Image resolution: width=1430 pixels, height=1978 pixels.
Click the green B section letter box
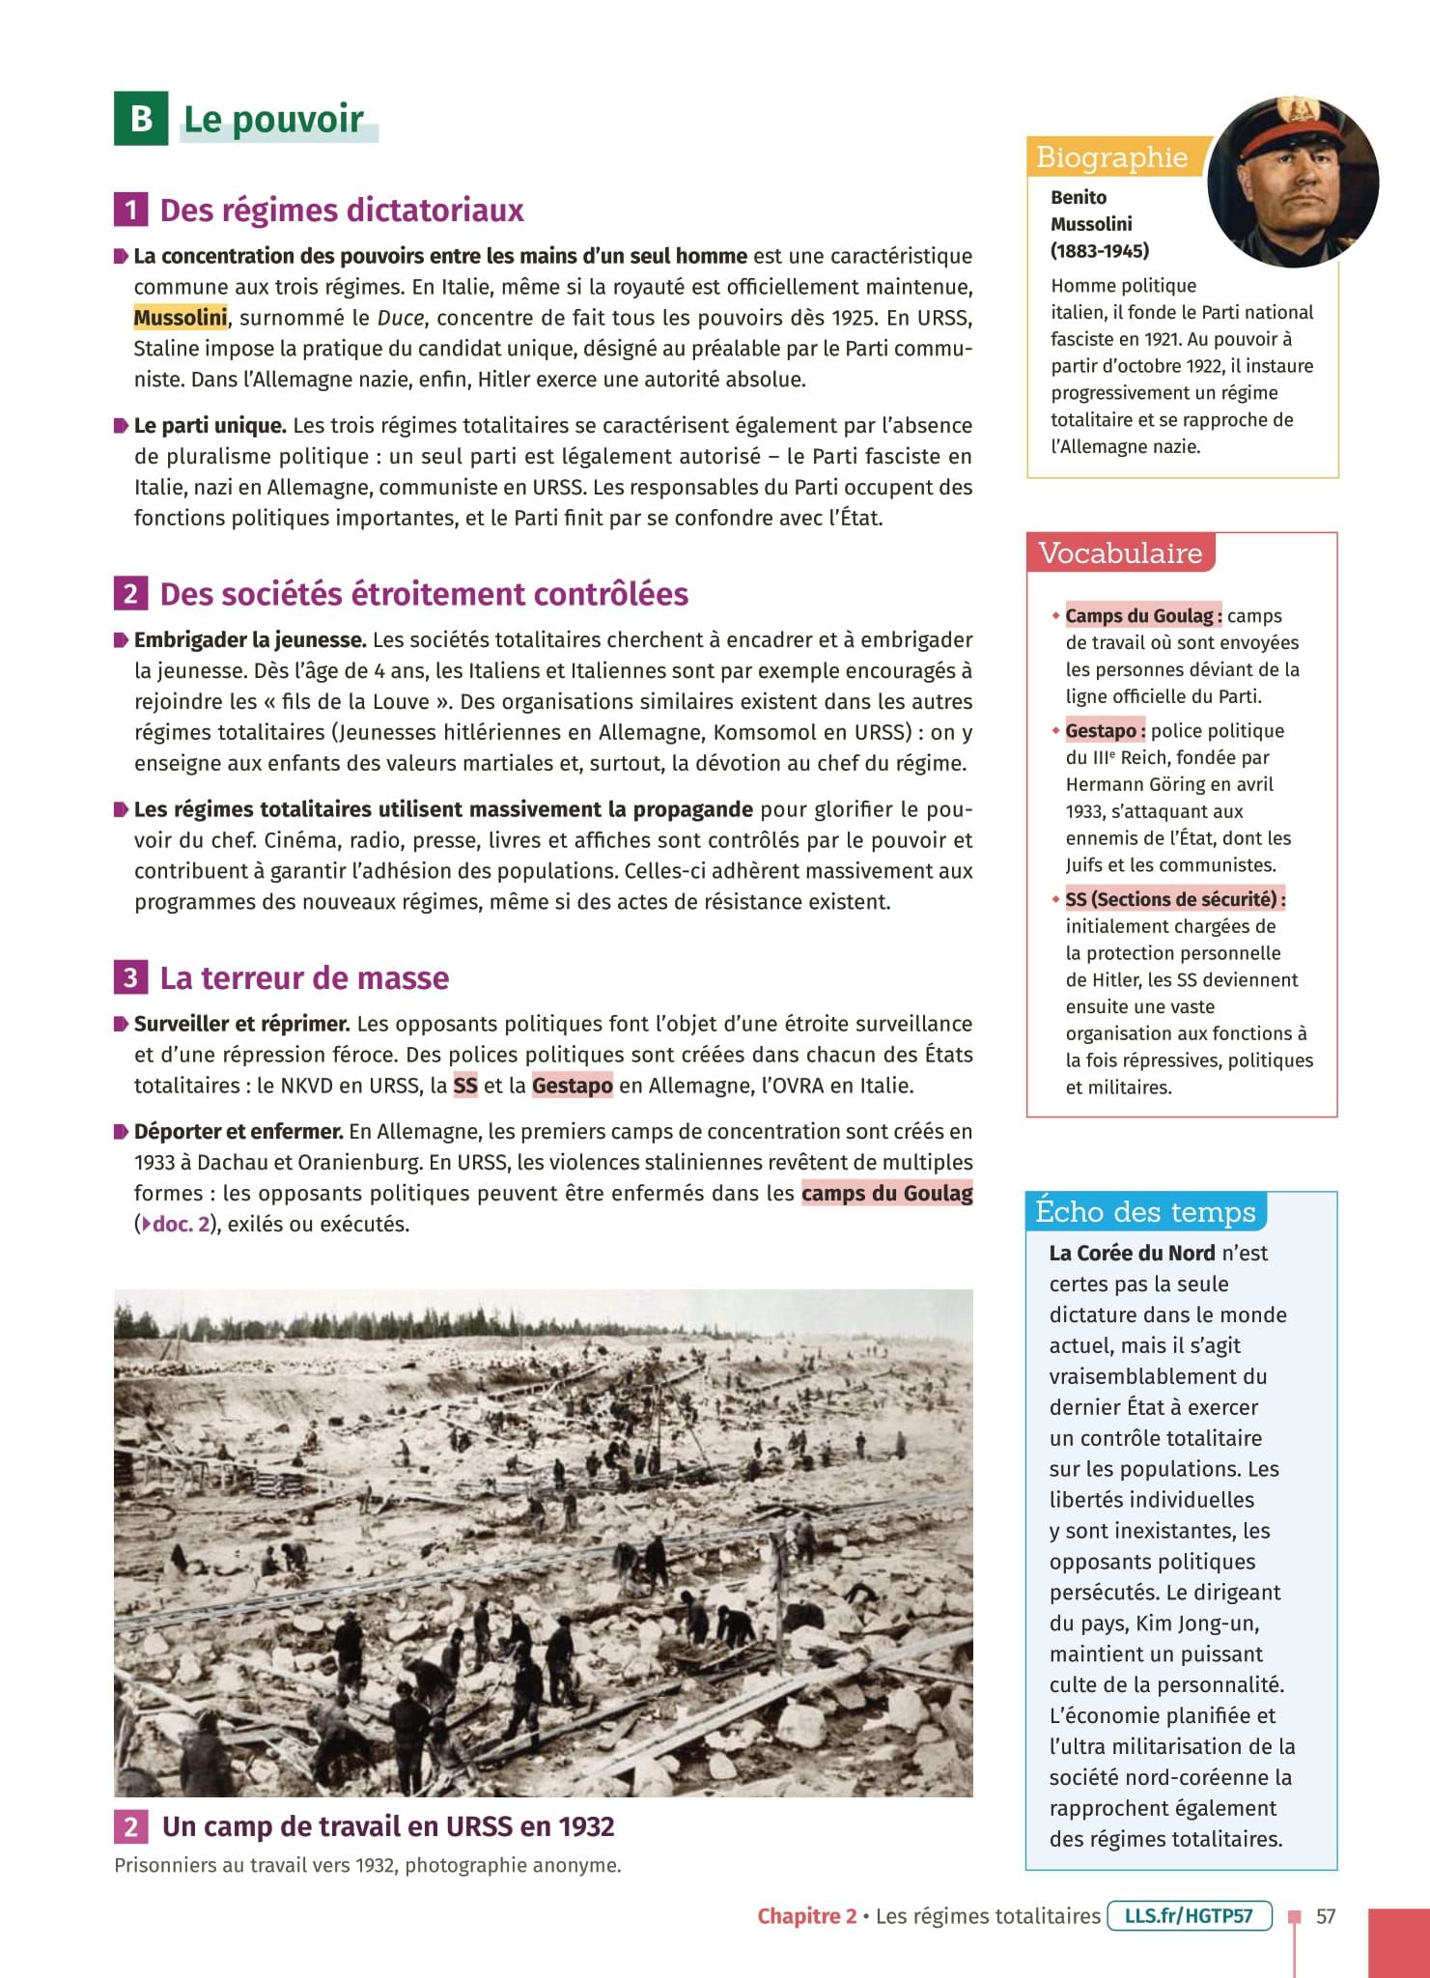[141, 119]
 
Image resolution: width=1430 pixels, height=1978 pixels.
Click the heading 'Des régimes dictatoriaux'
[341, 211]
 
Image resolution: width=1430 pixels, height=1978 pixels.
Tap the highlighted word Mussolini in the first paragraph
[181, 318]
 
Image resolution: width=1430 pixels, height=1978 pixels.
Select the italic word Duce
[400, 318]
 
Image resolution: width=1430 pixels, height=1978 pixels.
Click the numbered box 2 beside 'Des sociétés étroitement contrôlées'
[130, 594]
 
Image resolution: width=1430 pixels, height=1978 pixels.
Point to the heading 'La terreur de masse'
[304, 978]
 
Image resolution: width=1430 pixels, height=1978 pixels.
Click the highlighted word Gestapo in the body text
[572, 1086]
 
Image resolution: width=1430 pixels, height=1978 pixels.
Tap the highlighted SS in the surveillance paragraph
[465, 1086]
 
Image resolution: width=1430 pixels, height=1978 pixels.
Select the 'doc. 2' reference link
[181, 1225]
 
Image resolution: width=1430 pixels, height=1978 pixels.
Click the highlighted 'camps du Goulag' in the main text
[886, 1194]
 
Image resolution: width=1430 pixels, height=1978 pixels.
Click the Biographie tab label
[1111, 157]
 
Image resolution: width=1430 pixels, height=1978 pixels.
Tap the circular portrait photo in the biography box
[1293, 183]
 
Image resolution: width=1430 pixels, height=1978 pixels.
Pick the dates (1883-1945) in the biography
[1100, 251]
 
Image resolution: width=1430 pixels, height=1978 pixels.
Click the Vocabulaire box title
[1120, 553]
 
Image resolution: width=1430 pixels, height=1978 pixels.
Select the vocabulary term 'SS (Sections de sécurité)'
[1174, 899]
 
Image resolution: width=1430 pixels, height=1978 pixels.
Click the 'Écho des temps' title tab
[1145, 1212]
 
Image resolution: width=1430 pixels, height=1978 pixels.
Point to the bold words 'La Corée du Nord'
[1132, 1254]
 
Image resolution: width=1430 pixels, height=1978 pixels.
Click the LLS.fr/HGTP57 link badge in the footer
[1189, 1916]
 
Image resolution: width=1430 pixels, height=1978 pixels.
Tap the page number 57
[1326, 1916]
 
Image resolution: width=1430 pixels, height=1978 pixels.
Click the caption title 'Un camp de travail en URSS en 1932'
[388, 1827]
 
